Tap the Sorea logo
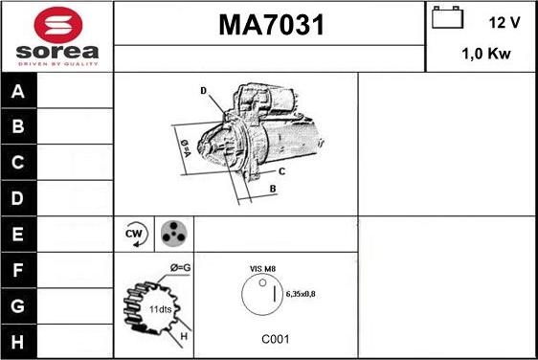coord(57,36)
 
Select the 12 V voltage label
coord(504,22)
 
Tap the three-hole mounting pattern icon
coord(173,234)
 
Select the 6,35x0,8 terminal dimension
coord(301,294)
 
